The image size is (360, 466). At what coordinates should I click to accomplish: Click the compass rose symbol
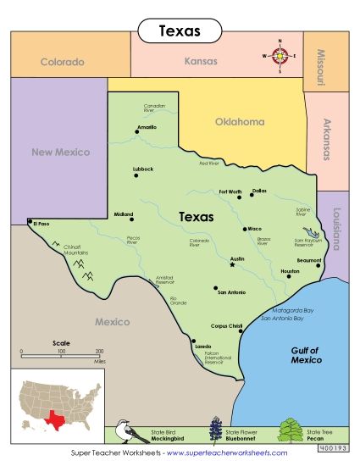pos(280,56)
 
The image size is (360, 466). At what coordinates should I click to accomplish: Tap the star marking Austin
pos(232,265)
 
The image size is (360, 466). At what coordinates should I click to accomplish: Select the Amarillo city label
pos(147,127)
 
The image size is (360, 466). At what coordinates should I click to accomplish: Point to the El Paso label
pos(42,224)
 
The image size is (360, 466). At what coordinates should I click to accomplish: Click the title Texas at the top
pos(180,31)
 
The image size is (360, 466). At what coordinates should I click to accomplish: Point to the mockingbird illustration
pos(125,431)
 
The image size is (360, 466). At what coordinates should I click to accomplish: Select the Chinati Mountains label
pos(76,250)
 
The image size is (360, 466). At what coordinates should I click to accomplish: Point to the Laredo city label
pos(203,347)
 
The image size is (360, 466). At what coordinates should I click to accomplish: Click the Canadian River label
pos(154,108)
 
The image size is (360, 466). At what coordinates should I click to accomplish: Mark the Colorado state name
pos(63,62)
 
